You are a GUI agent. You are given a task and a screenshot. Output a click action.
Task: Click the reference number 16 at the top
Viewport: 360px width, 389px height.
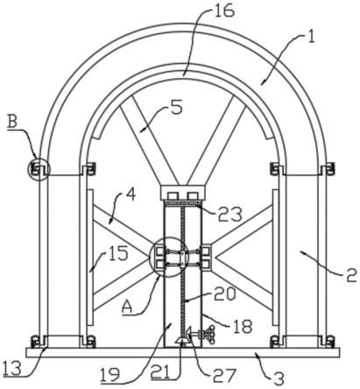[x=224, y=11]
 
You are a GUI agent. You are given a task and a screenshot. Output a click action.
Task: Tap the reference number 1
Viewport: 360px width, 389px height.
[x=311, y=38]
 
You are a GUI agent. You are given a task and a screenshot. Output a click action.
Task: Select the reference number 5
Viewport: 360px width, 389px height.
[x=177, y=107]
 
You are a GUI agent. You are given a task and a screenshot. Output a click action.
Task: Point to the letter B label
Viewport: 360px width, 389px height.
[x=12, y=122]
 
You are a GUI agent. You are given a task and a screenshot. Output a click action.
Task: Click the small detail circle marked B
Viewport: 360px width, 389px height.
[x=39, y=169]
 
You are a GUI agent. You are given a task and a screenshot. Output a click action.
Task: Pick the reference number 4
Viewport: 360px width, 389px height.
[x=131, y=194]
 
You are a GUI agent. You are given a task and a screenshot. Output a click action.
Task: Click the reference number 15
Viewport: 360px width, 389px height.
[x=118, y=252]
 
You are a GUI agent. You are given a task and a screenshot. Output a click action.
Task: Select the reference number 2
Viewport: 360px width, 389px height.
[x=351, y=275]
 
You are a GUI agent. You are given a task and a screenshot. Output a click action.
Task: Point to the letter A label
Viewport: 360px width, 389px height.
[x=128, y=308]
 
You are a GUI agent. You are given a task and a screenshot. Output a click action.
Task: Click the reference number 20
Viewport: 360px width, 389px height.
[x=224, y=294]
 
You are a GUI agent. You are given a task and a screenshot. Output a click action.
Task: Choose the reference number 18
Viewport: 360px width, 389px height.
[x=243, y=327]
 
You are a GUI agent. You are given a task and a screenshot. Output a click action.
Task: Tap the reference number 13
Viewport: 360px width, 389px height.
[x=11, y=369]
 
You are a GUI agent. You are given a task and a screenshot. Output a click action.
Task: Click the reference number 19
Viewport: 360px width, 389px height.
[x=109, y=374]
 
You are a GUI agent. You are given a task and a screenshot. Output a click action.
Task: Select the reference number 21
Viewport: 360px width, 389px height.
[x=160, y=372]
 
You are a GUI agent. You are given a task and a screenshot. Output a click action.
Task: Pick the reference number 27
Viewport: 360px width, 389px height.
[x=224, y=376]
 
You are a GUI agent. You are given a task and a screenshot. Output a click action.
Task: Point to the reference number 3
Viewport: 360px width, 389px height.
[x=279, y=379]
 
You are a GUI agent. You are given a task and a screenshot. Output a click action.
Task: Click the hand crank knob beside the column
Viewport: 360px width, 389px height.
[x=208, y=335]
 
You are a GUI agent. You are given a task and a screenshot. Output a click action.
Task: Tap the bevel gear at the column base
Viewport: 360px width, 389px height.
[x=182, y=341]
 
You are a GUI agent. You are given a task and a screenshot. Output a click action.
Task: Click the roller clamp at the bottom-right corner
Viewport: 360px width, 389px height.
[x=330, y=342]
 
